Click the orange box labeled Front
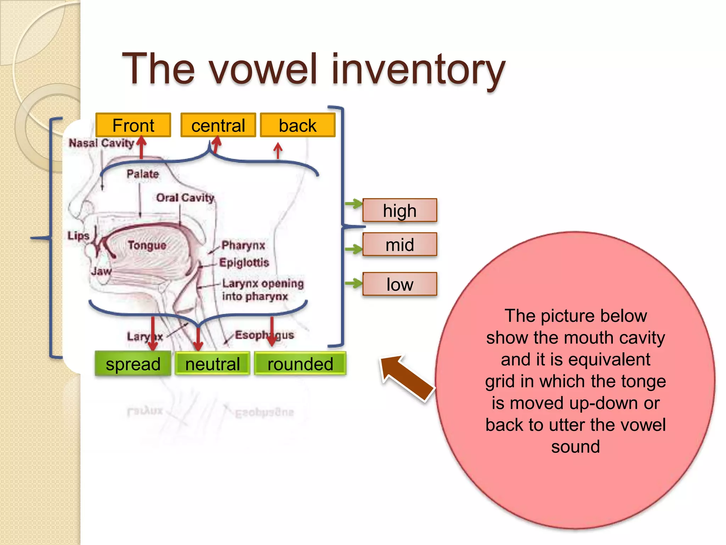pos(133,125)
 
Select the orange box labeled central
pos(218,125)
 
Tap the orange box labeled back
pos(297,125)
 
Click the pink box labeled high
pos(400,210)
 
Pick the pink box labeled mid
pos(400,244)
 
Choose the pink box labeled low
pos(400,284)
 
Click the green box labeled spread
pos(133,364)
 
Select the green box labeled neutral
pos(212,364)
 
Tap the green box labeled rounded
pos(300,364)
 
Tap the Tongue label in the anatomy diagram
pos(147,245)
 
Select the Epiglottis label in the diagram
pos(244,263)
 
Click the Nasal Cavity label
pos(101,143)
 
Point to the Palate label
pos(143,174)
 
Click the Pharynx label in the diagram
pos(243,245)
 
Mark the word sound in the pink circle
pos(575,446)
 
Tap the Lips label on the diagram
pos(78,236)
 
